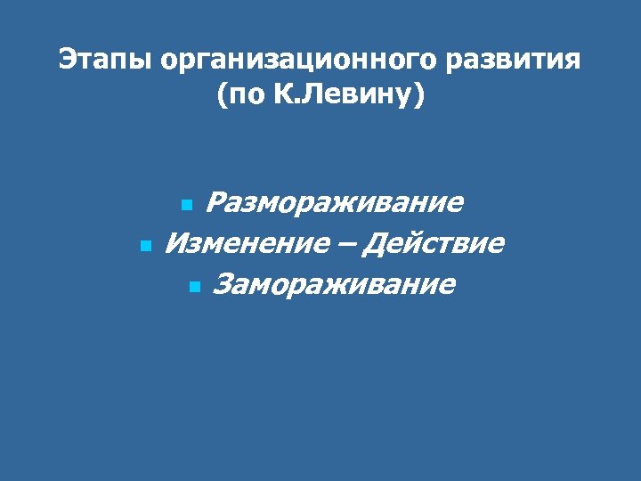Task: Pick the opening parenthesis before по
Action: coord(221,94)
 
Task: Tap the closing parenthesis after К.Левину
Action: coord(419,94)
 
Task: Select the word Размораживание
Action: coord(334,203)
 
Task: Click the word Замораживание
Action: coord(335,284)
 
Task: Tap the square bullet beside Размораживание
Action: coord(186,205)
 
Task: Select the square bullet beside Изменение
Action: coord(145,244)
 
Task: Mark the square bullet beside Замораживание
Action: coord(196,286)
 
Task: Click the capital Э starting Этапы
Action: coord(67,61)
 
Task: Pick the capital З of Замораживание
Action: coord(223,284)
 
